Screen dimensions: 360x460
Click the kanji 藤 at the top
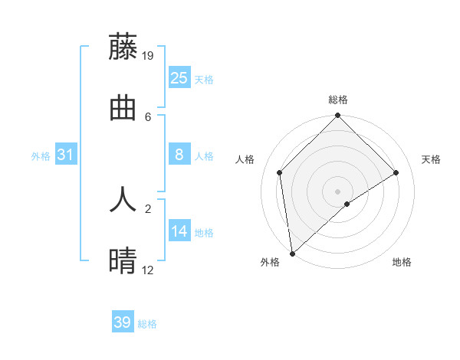tap(123, 47)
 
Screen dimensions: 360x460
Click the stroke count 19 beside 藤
tap(148, 56)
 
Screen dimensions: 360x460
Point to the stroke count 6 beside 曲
tap(148, 116)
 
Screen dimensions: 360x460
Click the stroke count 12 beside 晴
tap(148, 270)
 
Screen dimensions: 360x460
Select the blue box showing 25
tap(179, 77)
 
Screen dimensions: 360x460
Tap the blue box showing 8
tap(179, 155)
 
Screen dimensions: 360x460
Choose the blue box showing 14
tap(179, 231)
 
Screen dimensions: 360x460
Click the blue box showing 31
tap(66, 155)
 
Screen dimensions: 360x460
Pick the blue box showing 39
tap(122, 322)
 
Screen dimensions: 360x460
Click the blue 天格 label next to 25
tap(204, 79)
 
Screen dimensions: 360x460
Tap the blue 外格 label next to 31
tap(41, 156)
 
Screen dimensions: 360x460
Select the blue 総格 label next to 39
tap(147, 324)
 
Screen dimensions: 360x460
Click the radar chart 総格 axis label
tap(338, 100)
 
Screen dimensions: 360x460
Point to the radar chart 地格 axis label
tap(402, 263)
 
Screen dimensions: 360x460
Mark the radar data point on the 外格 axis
tap(292, 254)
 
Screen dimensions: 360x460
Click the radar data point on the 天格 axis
tap(396, 172)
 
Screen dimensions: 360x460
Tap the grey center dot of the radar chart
tap(338, 191)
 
